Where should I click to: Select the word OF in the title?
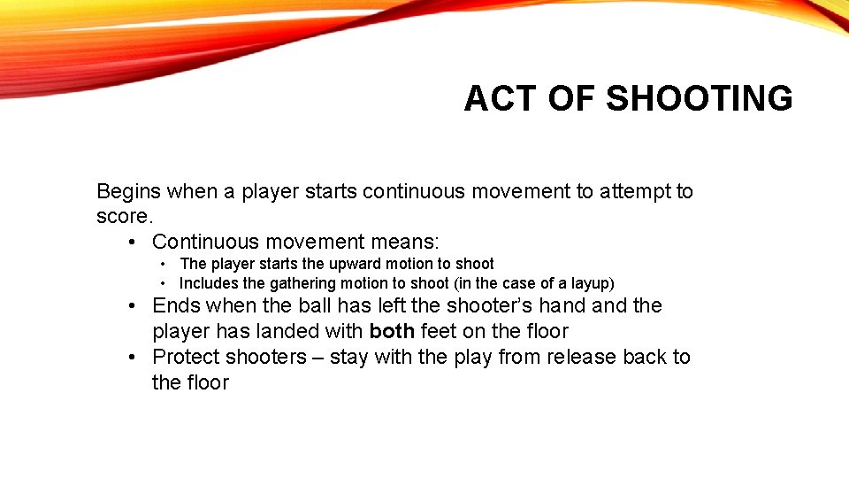pos(572,98)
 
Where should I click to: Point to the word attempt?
pos(612,191)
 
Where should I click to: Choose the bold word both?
pos(392,332)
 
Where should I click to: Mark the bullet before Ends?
pos(131,306)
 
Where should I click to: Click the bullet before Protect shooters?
pos(131,358)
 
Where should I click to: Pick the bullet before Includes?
pos(164,283)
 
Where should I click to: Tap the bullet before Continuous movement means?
pos(131,242)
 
